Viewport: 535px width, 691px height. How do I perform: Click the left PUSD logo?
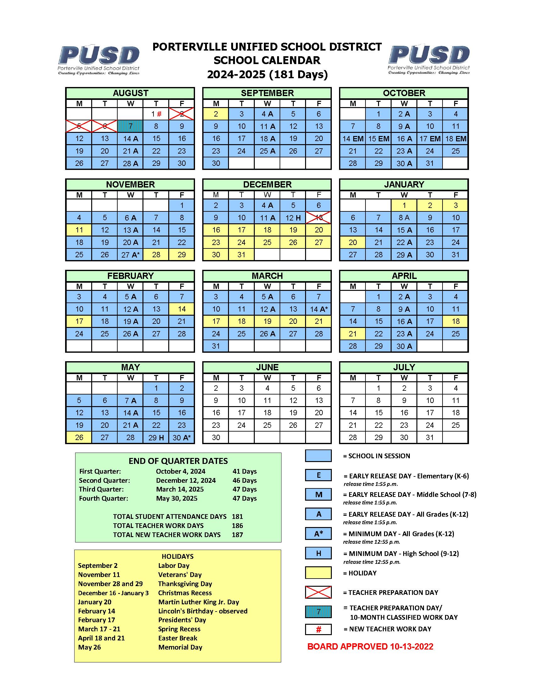(98, 59)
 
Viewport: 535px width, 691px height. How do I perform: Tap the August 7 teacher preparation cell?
(130, 126)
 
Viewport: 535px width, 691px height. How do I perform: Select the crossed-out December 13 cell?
(318, 218)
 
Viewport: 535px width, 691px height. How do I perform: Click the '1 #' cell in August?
(156, 114)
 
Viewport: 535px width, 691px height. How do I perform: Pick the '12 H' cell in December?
(293, 218)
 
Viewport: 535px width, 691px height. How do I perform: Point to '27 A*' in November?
(130, 255)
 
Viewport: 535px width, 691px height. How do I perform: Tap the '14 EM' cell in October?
(353, 139)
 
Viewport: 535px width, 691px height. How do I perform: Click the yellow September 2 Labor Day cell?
(216, 114)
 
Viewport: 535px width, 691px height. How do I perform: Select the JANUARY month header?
(404, 184)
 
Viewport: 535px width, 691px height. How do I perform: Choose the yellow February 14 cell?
(181, 309)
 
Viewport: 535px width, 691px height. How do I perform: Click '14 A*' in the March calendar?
(318, 309)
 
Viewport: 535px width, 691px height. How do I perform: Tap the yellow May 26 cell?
(79, 438)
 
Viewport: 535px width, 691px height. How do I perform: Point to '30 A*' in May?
(181, 438)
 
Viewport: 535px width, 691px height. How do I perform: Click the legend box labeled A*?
(318, 534)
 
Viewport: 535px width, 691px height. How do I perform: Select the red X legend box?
(318, 592)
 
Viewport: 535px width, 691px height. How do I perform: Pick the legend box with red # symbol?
(318, 630)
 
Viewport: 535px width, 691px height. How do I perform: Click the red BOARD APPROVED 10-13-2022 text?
(370, 647)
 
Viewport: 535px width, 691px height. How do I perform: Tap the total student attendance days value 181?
(237, 517)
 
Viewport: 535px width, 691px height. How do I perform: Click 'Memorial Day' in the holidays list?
(180, 647)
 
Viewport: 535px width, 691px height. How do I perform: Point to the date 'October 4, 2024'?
(181, 471)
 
